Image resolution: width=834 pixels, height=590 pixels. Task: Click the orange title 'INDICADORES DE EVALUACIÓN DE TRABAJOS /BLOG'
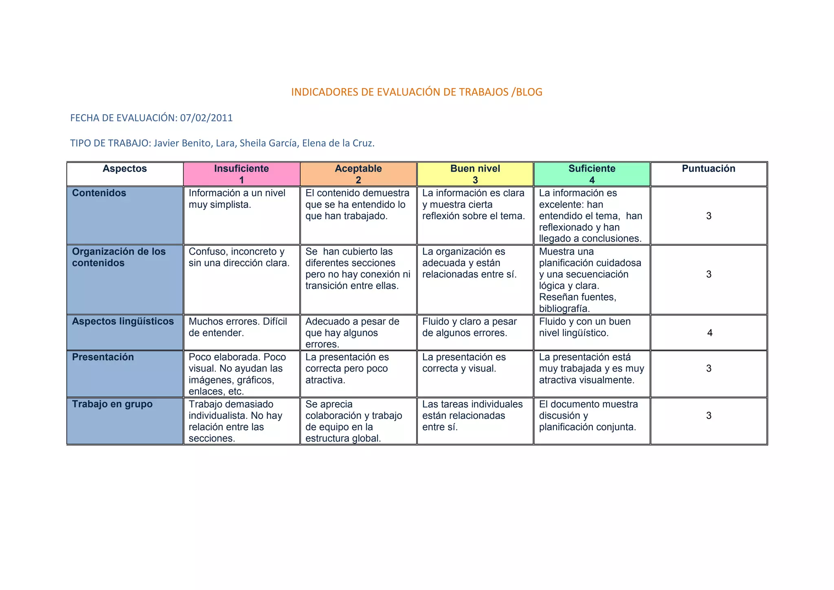417,92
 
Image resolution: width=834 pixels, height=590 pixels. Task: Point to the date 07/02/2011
206,118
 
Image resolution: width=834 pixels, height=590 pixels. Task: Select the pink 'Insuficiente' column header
241,174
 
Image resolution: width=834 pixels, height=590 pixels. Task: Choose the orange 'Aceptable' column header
358,174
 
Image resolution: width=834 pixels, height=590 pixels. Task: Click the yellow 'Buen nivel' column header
475,174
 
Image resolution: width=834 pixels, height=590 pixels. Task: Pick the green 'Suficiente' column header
592,174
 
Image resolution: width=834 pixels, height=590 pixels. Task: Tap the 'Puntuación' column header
709,169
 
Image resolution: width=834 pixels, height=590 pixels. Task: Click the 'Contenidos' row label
99,193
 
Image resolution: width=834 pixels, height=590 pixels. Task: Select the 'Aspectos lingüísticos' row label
123,321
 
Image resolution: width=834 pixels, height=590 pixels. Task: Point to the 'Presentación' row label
103,357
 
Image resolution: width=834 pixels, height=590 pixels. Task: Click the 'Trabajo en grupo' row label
112,404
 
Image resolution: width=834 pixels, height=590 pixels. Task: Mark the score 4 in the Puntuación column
710,333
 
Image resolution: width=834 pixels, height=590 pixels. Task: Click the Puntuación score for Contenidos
709,216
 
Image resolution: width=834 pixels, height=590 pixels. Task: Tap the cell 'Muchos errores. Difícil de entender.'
238,327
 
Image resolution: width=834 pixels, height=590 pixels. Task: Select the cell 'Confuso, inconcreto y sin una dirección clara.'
239,257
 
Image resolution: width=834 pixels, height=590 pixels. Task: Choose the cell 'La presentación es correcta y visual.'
464,363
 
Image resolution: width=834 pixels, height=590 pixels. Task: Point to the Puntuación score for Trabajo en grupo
709,416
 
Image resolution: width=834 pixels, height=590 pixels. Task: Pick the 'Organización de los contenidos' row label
119,257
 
